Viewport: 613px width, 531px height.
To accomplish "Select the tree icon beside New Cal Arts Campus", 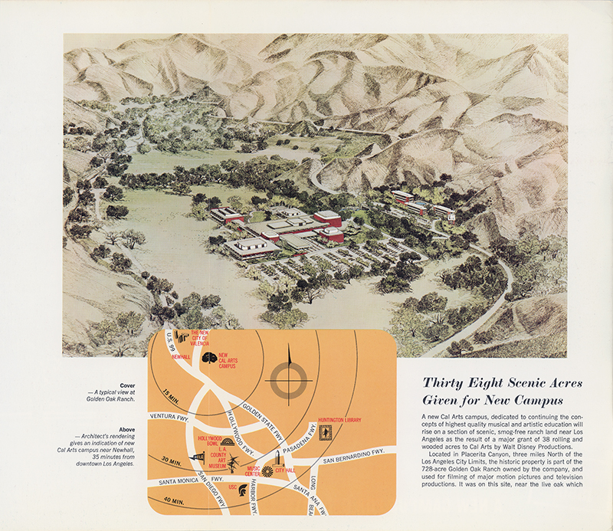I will coord(208,359).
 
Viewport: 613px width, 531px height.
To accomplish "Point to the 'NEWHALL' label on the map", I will coord(181,357).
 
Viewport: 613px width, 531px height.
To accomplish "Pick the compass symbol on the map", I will coord(289,375).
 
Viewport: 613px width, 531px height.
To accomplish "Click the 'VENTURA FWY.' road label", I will coord(169,417).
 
